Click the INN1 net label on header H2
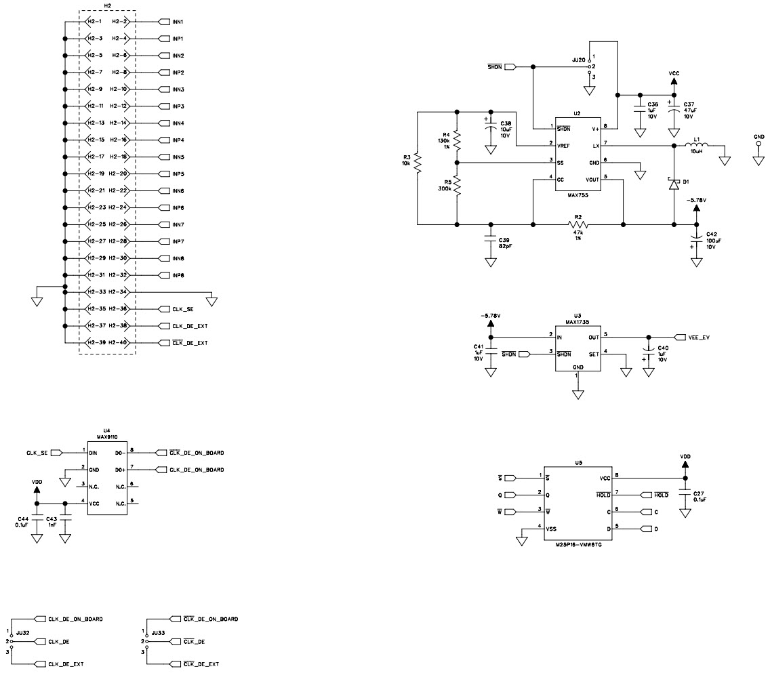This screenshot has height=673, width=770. click(178, 22)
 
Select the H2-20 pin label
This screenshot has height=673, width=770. click(119, 174)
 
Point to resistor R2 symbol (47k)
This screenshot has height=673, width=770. click(577, 224)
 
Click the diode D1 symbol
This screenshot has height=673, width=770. click(674, 184)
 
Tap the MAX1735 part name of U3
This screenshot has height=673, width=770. click(577, 322)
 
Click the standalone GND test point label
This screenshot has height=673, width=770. click(758, 136)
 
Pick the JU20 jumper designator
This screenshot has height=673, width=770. click(578, 60)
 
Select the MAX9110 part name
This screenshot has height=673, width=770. click(106, 437)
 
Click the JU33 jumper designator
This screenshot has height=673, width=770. click(159, 632)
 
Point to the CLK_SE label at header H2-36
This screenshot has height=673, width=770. click(182, 309)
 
